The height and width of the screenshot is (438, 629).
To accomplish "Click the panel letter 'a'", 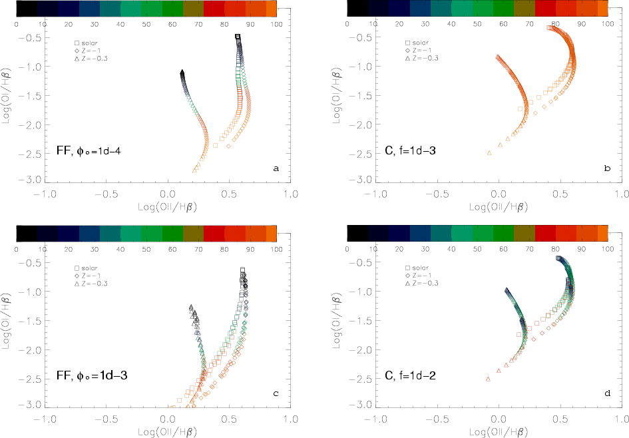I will tap(276, 169).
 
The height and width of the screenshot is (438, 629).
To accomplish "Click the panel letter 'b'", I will tap(607, 169).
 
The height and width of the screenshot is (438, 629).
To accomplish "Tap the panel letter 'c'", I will tap(276, 393).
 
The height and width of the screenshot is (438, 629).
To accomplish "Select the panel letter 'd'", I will tap(607, 393).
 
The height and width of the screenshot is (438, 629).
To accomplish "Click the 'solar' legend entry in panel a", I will tap(91, 42).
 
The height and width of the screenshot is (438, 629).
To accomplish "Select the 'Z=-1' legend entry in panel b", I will tap(423, 50).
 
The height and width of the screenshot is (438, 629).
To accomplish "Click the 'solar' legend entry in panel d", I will tap(423, 266).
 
